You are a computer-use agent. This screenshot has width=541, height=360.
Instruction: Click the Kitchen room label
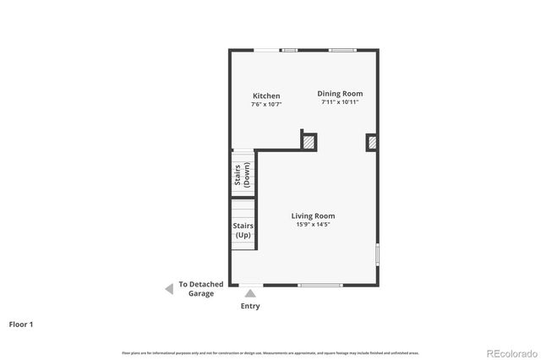point(266,96)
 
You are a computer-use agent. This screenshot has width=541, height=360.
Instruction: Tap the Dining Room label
point(340,94)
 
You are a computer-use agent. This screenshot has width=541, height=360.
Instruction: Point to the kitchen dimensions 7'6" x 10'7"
point(266,105)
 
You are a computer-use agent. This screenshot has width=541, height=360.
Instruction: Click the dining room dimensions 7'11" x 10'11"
point(340,102)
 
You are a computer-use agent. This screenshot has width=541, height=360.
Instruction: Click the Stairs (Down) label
point(243,175)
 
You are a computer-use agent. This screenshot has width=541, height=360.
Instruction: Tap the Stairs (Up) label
point(243,230)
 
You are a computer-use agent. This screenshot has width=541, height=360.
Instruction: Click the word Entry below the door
point(250,306)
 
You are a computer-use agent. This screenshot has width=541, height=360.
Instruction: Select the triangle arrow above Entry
point(250,293)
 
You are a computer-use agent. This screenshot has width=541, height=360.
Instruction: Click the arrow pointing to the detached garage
point(169,289)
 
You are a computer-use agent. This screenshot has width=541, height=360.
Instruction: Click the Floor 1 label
point(20,324)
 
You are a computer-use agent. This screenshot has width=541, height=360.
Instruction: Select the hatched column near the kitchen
point(309,143)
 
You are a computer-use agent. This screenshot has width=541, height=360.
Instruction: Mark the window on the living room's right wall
point(377,254)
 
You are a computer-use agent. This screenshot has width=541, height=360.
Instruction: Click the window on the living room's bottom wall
point(320,285)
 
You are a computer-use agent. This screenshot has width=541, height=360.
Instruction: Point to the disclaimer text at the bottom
point(270,352)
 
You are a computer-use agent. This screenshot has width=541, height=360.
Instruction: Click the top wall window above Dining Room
point(342,50)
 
